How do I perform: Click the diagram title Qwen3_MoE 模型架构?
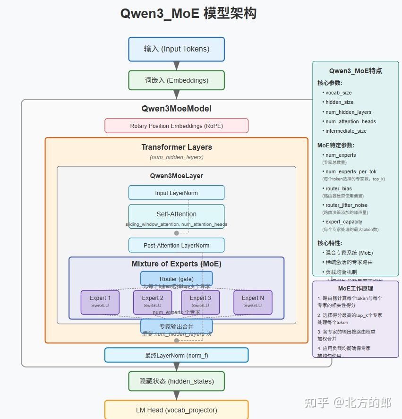click(188, 14)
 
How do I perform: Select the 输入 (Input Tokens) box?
click(176, 49)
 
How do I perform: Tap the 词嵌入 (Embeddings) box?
click(176, 80)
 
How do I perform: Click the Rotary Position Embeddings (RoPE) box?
click(176, 126)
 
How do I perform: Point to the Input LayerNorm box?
click(176, 193)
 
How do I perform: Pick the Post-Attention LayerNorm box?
click(176, 245)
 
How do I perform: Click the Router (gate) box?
click(176, 279)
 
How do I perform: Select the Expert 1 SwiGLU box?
click(100, 302)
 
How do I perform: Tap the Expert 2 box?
click(153, 302)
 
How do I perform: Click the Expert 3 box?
click(200, 302)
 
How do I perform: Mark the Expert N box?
click(253, 302)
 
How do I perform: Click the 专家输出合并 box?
click(176, 326)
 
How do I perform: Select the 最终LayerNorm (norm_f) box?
click(176, 355)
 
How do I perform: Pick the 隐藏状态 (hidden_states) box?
click(176, 381)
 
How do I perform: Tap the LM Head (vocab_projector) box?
click(176, 410)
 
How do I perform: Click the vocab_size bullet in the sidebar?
click(338, 93)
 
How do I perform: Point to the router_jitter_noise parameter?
click(346, 205)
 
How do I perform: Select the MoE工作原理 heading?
click(355, 288)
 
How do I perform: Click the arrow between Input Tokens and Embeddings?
click(177, 66)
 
